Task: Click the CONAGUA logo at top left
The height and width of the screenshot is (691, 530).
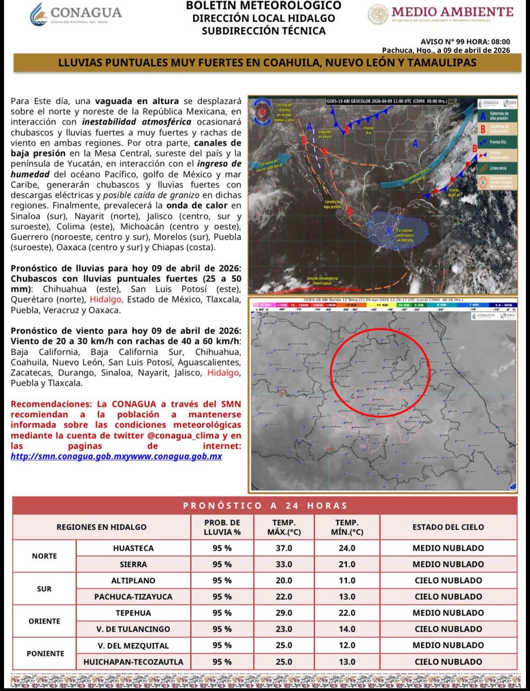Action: [x=76, y=14]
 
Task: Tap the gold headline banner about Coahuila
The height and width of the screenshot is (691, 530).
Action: [x=267, y=62]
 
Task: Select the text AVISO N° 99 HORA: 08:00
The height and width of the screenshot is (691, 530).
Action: [x=465, y=42]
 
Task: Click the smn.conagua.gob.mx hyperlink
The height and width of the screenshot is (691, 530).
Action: [x=116, y=456]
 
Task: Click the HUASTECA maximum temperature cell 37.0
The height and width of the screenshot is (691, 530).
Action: [x=284, y=548]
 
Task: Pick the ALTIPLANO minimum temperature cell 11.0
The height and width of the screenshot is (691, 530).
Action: [x=347, y=580]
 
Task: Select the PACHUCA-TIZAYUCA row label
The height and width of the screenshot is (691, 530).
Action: [x=133, y=597]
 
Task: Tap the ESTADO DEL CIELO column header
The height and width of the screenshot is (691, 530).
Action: [x=448, y=527]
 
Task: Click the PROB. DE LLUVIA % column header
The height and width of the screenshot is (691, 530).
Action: [x=222, y=527]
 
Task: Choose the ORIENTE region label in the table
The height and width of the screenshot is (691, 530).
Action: [x=44, y=621]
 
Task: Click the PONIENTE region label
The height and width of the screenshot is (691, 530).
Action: [x=45, y=653]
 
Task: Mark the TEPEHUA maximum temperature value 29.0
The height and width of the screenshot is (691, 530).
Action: [x=284, y=613]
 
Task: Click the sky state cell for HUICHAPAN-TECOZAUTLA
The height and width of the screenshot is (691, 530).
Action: [x=448, y=662]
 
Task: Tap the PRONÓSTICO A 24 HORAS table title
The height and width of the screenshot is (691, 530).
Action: [x=265, y=506]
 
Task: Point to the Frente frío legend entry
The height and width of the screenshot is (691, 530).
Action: [x=497, y=142]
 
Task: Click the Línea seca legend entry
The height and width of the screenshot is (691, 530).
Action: [x=497, y=168]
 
